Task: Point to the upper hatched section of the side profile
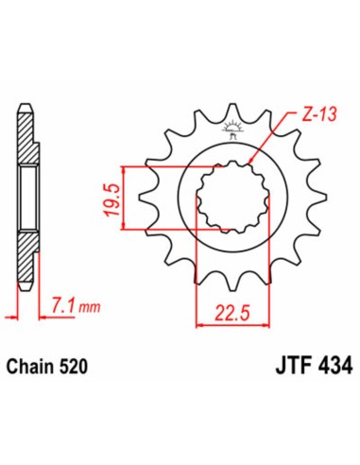[x=27, y=142]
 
